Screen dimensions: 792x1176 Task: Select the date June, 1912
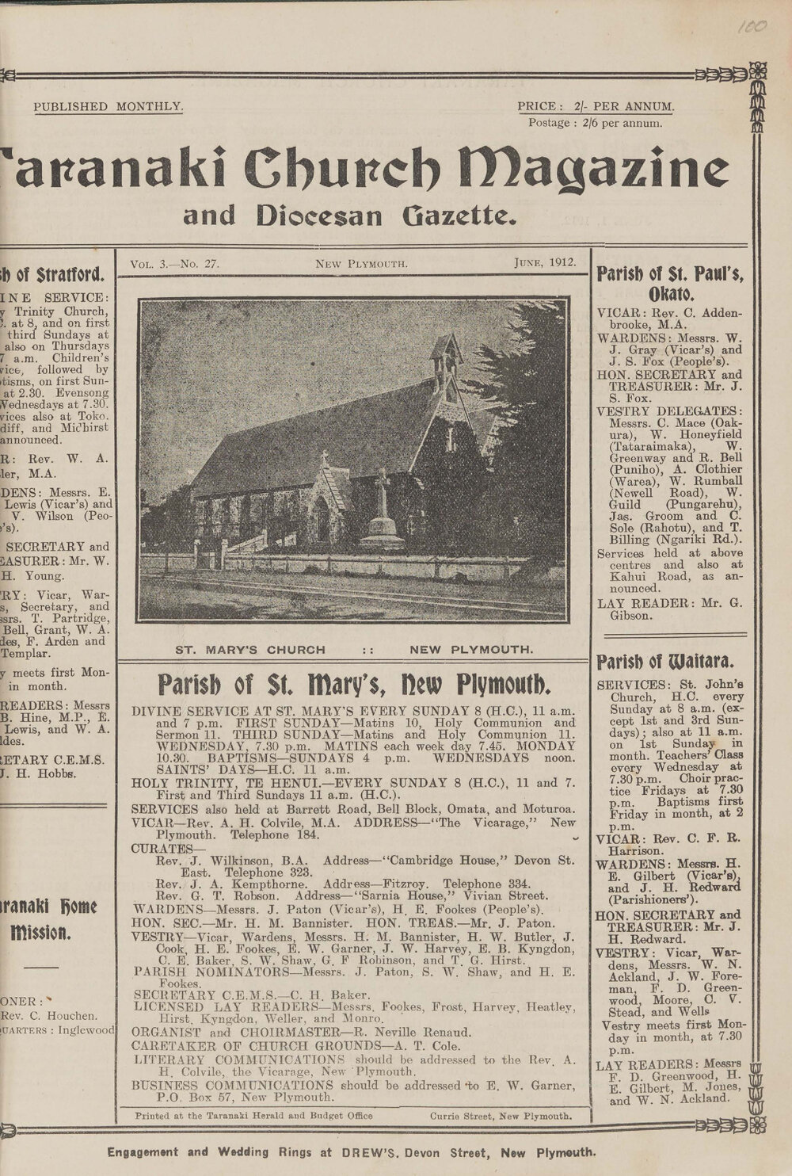[543, 262]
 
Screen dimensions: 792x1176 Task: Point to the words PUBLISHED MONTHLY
[109, 106]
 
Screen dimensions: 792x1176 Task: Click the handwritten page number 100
[748, 26]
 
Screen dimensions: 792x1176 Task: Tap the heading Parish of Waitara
[665, 662]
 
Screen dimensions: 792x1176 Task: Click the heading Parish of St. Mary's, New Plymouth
[353, 683]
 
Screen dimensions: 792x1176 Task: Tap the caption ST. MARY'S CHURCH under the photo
[250, 651]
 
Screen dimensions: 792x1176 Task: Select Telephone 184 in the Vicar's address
[268, 834]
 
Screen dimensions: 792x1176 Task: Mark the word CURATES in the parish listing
[166, 848]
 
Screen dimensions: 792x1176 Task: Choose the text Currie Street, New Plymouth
[501, 1116]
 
